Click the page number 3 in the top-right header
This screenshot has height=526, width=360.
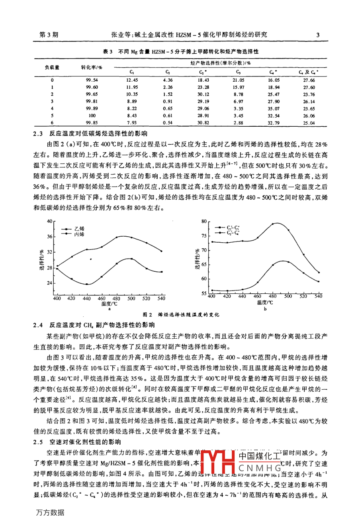point(318,35)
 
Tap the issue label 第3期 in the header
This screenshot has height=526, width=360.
point(49,35)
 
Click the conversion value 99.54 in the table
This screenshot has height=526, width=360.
point(92,80)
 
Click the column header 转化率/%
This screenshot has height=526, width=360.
point(92,67)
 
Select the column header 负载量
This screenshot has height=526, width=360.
point(52,67)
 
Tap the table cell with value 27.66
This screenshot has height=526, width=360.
point(309,80)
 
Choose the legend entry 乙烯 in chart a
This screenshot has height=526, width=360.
point(79,229)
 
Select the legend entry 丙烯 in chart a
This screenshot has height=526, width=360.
point(79,234)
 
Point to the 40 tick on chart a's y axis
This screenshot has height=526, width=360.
point(49,221)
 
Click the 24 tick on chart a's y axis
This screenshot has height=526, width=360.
point(49,283)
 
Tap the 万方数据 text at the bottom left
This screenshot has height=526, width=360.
point(49,512)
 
